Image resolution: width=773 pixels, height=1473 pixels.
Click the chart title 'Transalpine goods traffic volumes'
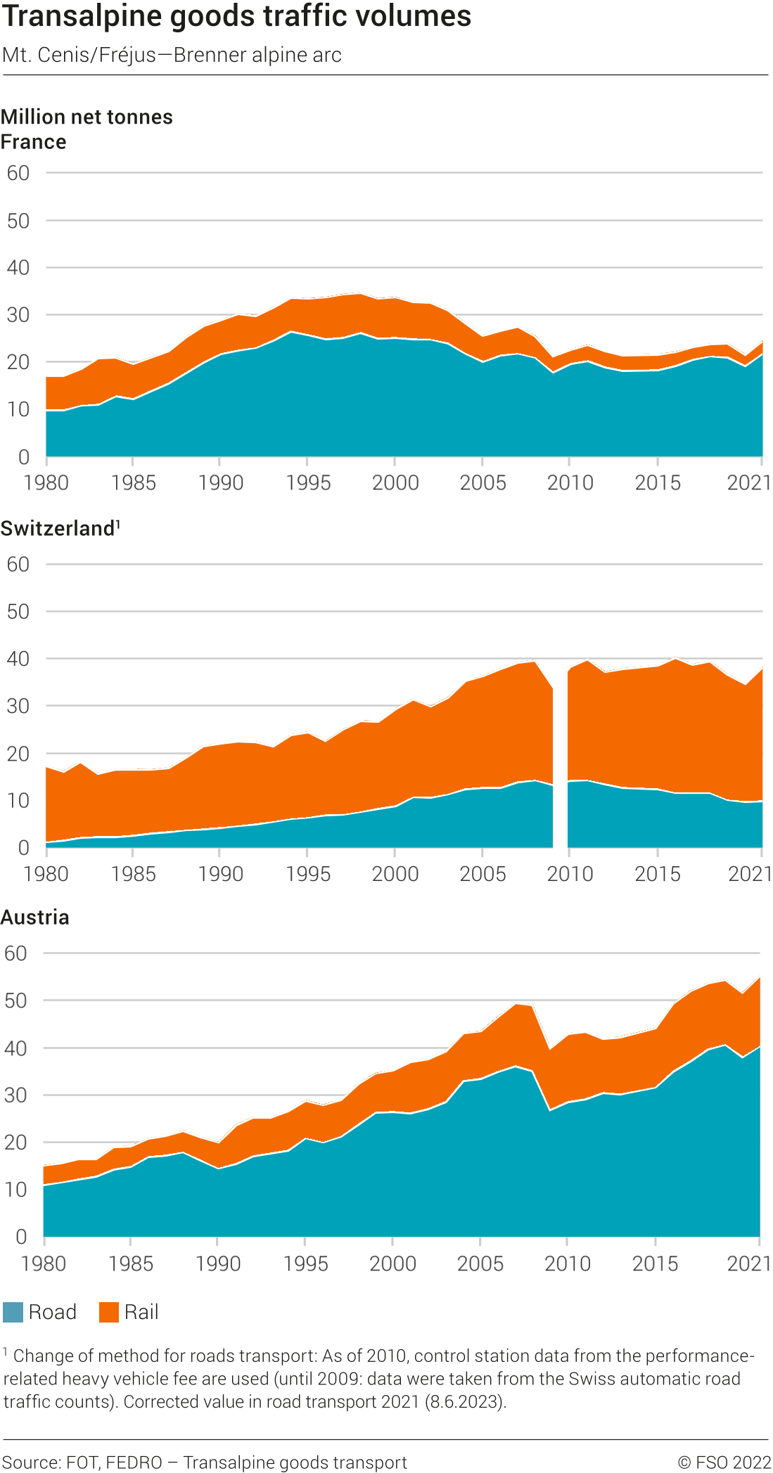pyautogui.click(x=236, y=15)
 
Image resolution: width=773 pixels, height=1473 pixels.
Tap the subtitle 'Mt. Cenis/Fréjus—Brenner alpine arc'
pyautogui.click(x=172, y=55)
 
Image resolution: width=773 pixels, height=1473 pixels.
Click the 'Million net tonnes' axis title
pyautogui.click(x=87, y=117)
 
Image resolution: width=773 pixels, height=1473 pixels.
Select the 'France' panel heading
pyautogui.click(x=34, y=142)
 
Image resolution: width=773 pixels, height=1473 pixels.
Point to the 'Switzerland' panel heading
pyautogui.click(x=57, y=529)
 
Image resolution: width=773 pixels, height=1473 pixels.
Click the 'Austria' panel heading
pyautogui.click(x=35, y=918)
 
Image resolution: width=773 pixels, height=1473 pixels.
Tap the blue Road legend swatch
pyautogui.click(x=13, y=1312)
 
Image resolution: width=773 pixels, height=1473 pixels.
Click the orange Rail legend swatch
pyautogui.click(x=109, y=1312)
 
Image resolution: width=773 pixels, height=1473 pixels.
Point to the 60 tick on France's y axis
pyautogui.click(x=18, y=173)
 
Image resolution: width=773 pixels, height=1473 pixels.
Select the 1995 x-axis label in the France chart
pyautogui.click(x=308, y=483)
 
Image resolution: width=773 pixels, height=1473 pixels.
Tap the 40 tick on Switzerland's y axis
pyautogui.click(x=18, y=659)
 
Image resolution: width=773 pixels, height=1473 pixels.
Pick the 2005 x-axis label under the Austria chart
pyautogui.click(x=480, y=1263)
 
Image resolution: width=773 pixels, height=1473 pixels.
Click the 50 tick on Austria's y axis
pyautogui.click(x=15, y=1001)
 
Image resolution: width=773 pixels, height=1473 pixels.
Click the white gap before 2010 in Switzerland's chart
pyautogui.click(x=560, y=773)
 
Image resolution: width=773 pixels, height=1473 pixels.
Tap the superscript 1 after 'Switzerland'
pyautogui.click(x=118, y=524)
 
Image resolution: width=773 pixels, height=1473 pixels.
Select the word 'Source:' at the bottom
pyautogui.click(x=32, y=1462)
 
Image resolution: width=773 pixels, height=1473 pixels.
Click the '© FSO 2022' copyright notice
pyautogui.click(x=724, y=1462)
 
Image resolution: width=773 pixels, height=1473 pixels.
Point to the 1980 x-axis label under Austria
pyautogui.click(x=44, y=1263)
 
